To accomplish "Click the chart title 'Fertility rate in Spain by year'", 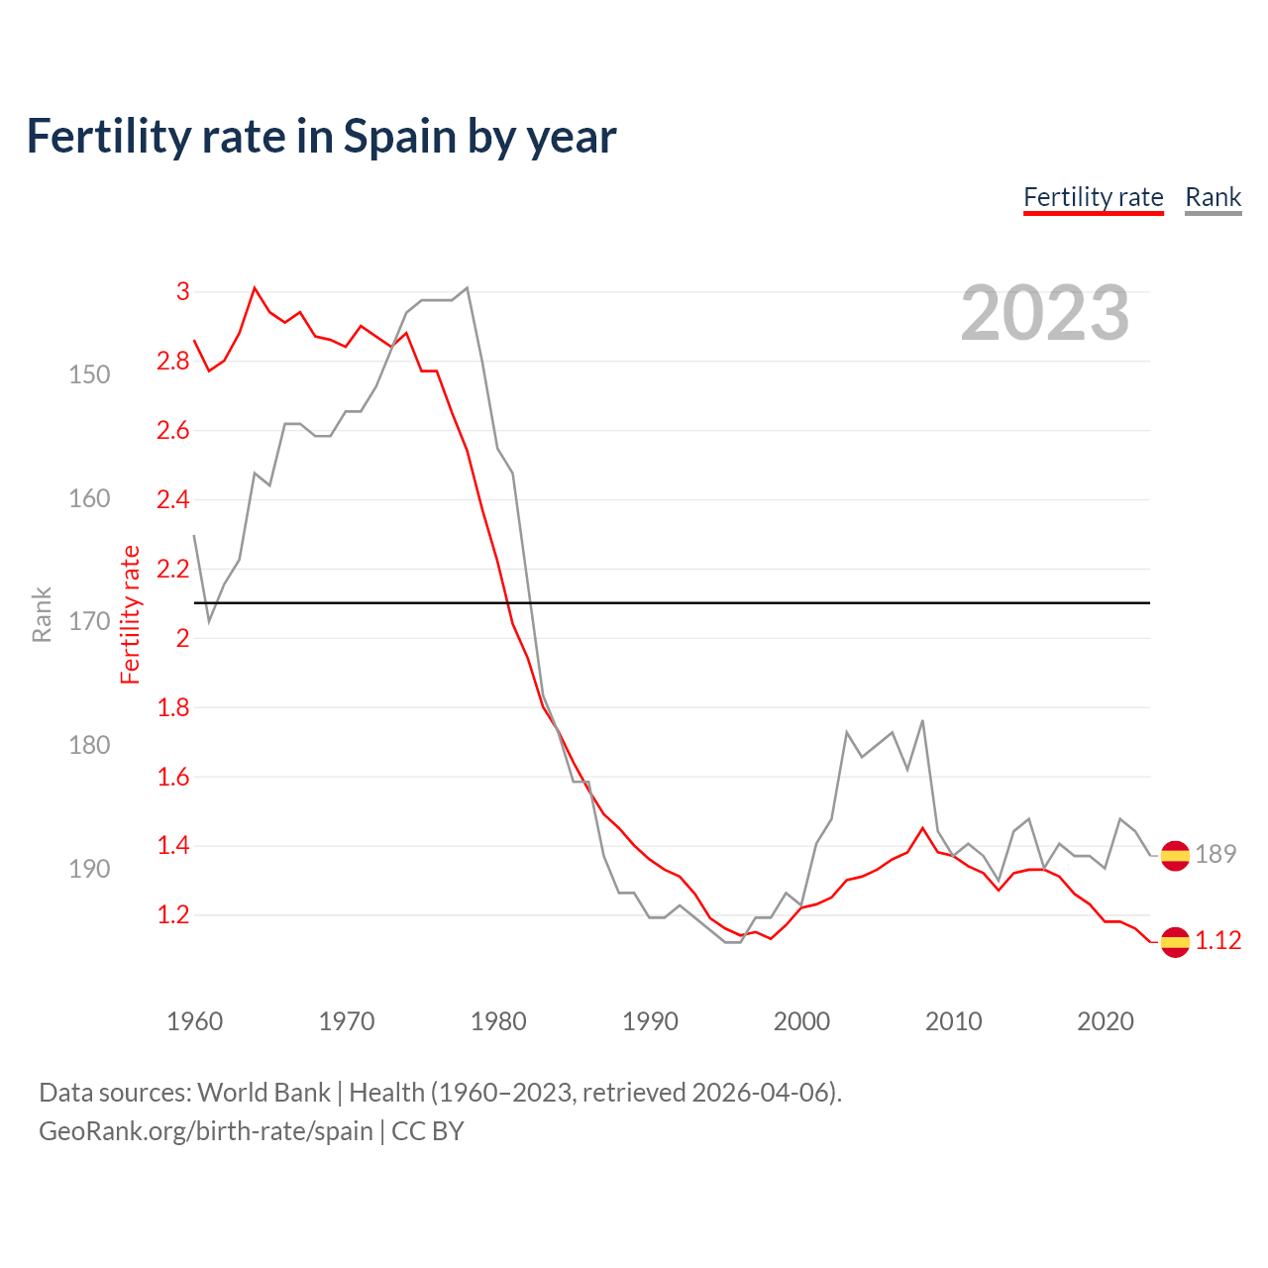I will [321, 137].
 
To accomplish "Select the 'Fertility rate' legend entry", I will [1093, 197].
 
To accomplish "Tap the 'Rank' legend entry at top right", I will [1213, 197].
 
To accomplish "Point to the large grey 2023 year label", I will [1044, 313].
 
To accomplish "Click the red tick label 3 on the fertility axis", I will [182, 291].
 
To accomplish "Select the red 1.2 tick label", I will [173, 915].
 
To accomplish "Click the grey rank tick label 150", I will [89, 374].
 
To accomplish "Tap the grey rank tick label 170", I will [89, 622].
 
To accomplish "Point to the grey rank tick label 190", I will [89, 869].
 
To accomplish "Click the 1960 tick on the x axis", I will [194, 1021].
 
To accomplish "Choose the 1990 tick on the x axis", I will [650, 1021].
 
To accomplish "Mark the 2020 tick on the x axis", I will [1105, 1021].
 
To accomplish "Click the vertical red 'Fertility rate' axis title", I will [131, 614].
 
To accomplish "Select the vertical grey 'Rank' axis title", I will [42, 614].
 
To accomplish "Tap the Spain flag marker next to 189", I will [1175, 854].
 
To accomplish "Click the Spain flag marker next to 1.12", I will [1175, 941].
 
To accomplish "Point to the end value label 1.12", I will [1217, 941].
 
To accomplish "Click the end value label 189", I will [1215, 854].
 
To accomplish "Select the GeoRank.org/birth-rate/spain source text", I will [206, 1131].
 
